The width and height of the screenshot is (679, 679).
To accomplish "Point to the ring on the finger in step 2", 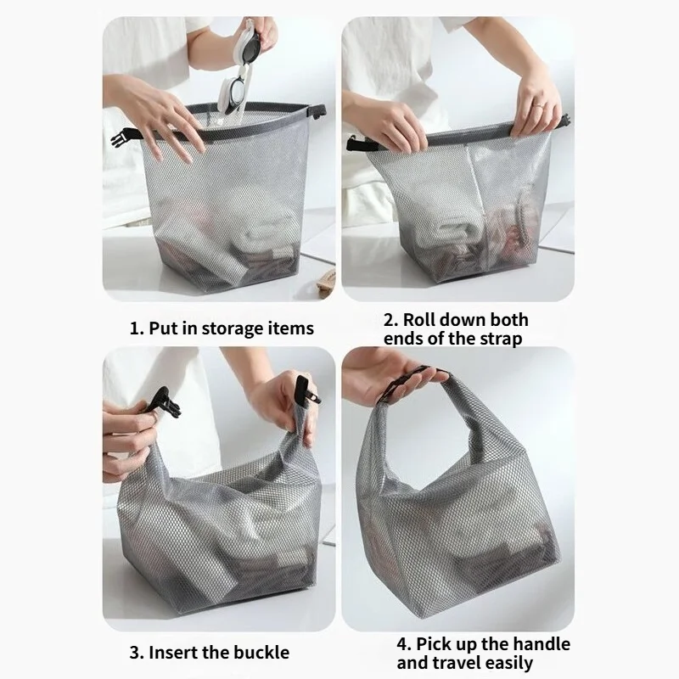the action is (537, 104).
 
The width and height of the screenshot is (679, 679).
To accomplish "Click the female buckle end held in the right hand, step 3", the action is (306, 390).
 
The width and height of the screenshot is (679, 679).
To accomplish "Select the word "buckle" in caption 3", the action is (262, 653).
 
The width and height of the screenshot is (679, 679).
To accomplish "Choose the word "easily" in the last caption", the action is (509, 664).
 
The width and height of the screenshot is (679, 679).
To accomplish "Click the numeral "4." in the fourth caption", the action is (404, 644).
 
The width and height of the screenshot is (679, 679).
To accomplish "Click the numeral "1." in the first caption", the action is (137, 328).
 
